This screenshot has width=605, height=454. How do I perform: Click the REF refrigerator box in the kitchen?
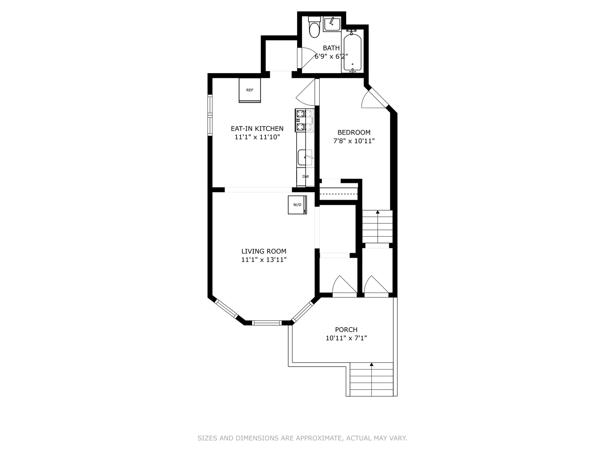tap(250, 90)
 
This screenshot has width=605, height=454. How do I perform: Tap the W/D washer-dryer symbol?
tap(297, 205)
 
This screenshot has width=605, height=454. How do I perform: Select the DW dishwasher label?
tap(306, 177)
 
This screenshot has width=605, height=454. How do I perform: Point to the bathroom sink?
tap(332, 24)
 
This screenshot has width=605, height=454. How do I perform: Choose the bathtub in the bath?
tap(352, 51)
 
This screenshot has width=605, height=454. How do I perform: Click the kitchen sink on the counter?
tap(305, 157)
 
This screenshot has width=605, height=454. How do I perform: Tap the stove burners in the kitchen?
tap(305, 121)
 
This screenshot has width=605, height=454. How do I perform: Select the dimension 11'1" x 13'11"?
tap(264, 260)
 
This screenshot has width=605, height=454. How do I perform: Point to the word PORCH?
tap(346, 330)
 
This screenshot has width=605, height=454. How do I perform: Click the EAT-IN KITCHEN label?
tap(257, 129)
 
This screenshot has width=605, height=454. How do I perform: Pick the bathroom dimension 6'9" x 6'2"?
tap(331, 56)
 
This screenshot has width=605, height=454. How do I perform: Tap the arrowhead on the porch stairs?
tap(371, 364)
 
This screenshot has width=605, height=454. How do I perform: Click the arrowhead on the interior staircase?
tap(378, 212)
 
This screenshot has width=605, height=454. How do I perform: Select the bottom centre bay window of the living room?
tap(267, 323)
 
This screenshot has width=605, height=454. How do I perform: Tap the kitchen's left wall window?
tap(210, 115)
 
